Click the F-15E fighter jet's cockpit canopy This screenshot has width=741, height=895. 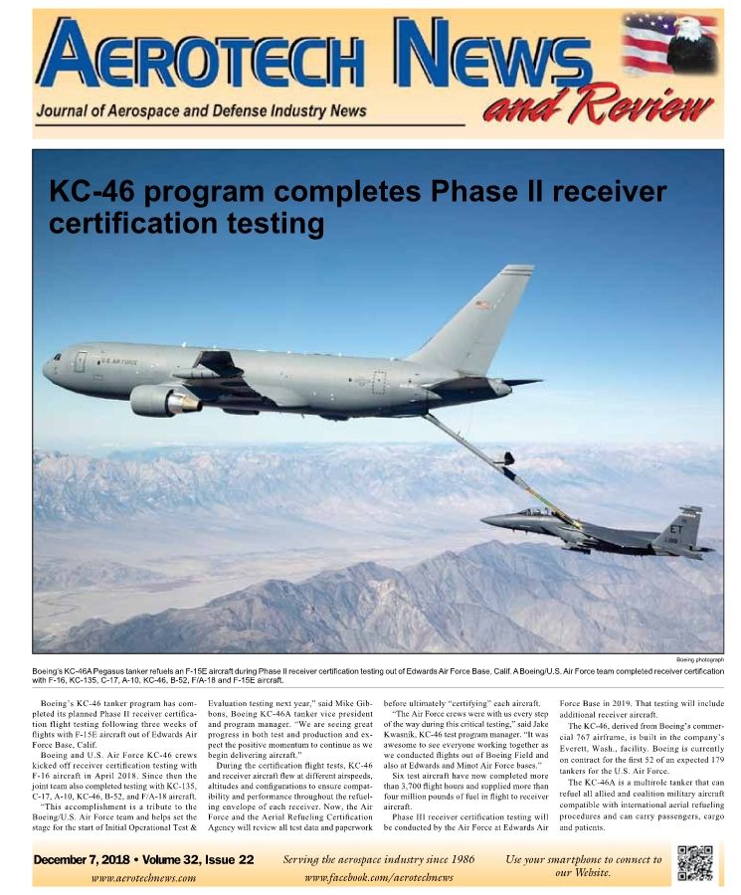[535, 512]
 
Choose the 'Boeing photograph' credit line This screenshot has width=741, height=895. [699, 659]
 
